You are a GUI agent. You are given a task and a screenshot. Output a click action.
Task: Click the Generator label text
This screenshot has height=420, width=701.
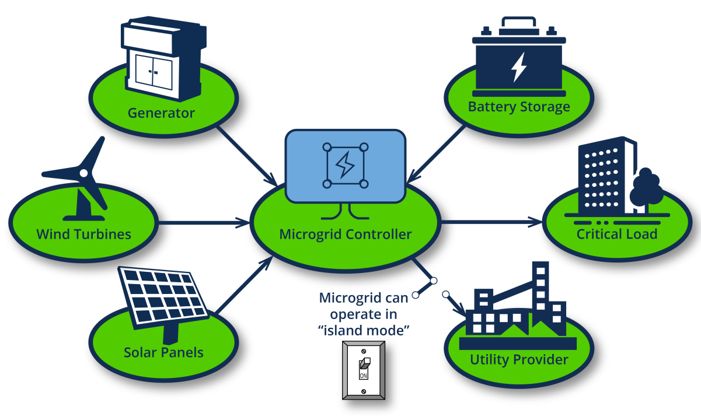[x=161, y=112]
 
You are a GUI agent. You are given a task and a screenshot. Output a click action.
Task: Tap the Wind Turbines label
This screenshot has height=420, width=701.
[x=83, y=235]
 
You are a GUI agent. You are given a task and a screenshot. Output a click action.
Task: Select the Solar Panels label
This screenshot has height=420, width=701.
[x=163, y=352]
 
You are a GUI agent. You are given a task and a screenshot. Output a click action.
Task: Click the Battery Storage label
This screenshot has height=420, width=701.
[x=519, y=107]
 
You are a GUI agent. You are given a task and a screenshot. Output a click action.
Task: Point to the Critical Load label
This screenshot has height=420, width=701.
[x=617, y=234]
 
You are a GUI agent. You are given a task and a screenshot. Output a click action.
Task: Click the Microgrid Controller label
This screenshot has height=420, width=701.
[x=346, y=235]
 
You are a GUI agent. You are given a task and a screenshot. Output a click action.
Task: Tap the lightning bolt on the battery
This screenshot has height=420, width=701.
[x=518, y=67]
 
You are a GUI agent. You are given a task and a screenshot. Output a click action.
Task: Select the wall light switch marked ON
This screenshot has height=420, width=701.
[x=364, y=370]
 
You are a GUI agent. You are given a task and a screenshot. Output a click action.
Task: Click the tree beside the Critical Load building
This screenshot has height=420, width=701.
[x=644, y=190]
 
